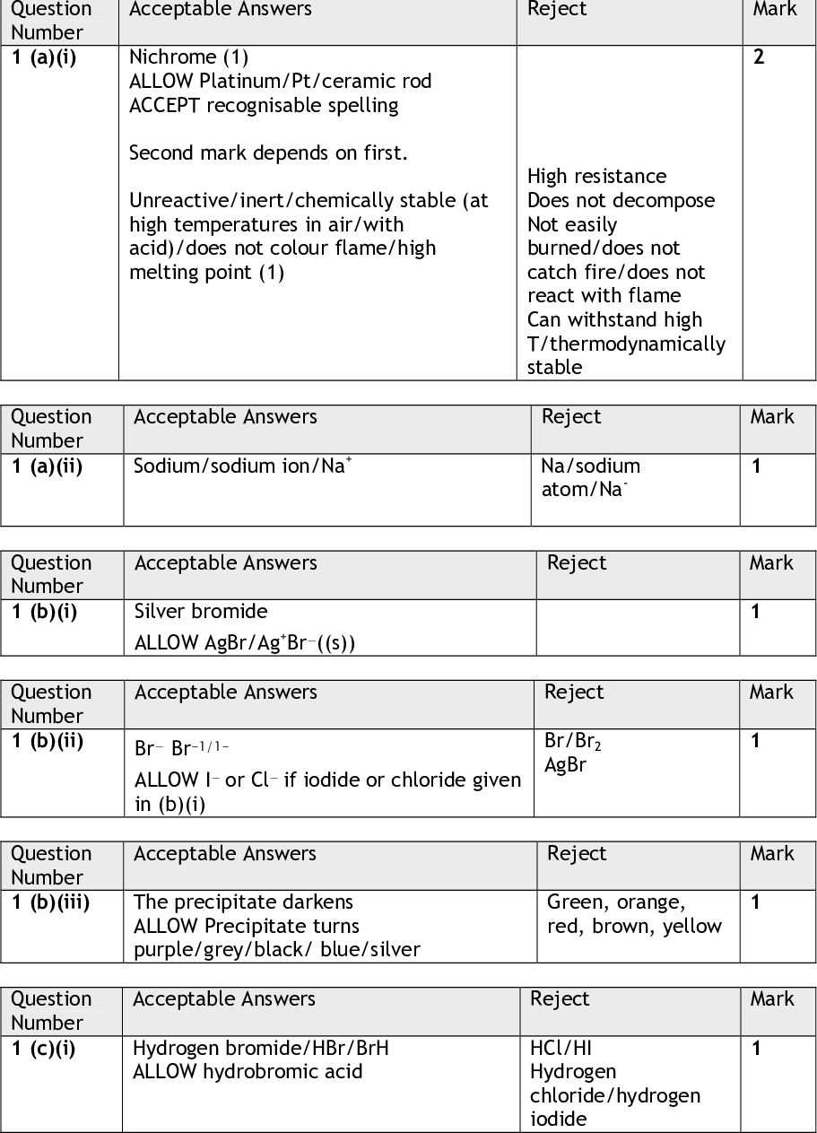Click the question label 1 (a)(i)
coord(53,57)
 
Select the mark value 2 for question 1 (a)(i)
coord(759,58)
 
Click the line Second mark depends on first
coord(268,153)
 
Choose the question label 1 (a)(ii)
coord(47,466)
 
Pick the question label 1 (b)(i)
coord(45,612)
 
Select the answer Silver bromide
coord(201,612)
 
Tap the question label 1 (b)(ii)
coord(47,741)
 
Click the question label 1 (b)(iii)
coord(50,902)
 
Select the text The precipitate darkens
coord(243,902)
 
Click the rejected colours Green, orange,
coord(615,902)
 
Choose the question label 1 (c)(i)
coord(44,1048)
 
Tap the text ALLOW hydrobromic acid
coord(248,1071)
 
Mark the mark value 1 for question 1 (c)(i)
coord(756,1048)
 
